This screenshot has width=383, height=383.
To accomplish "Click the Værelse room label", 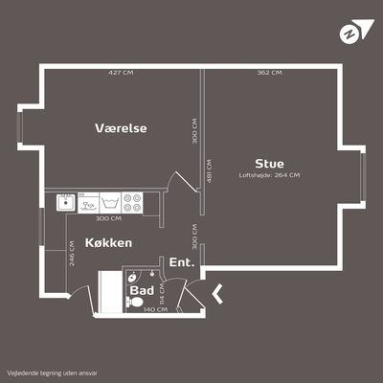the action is click(121, 128).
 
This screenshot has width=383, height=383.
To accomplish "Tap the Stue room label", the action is click(269, 164).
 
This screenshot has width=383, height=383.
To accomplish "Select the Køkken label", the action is click(108, 243).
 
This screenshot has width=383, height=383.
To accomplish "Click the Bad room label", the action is click(142, 290).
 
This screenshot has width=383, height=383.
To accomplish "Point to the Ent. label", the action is click(182, 262).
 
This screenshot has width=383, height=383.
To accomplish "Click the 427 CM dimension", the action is click(121, 73).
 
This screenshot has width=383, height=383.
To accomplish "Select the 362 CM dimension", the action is click(269, 73).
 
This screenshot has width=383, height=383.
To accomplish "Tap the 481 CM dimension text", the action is click(209, 171).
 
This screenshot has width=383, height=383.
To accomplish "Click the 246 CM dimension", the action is click(72, 253).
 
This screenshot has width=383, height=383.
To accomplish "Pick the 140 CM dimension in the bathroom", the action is click(155, 309).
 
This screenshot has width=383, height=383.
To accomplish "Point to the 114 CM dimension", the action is click(162, 294).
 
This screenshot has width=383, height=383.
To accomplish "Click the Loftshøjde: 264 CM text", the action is click(269, 175).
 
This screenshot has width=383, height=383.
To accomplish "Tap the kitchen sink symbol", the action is click(66, 202).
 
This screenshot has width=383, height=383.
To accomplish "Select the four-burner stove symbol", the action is click(132, 203).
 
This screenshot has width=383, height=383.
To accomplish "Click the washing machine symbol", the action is click(110, 203).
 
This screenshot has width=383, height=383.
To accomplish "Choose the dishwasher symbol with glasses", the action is click(88, 203).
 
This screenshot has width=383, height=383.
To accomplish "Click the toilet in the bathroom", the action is click(134, 302).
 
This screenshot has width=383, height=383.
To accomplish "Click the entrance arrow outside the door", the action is click(217, 294).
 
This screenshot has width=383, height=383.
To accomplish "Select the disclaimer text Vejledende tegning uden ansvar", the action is click(53, 372).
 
